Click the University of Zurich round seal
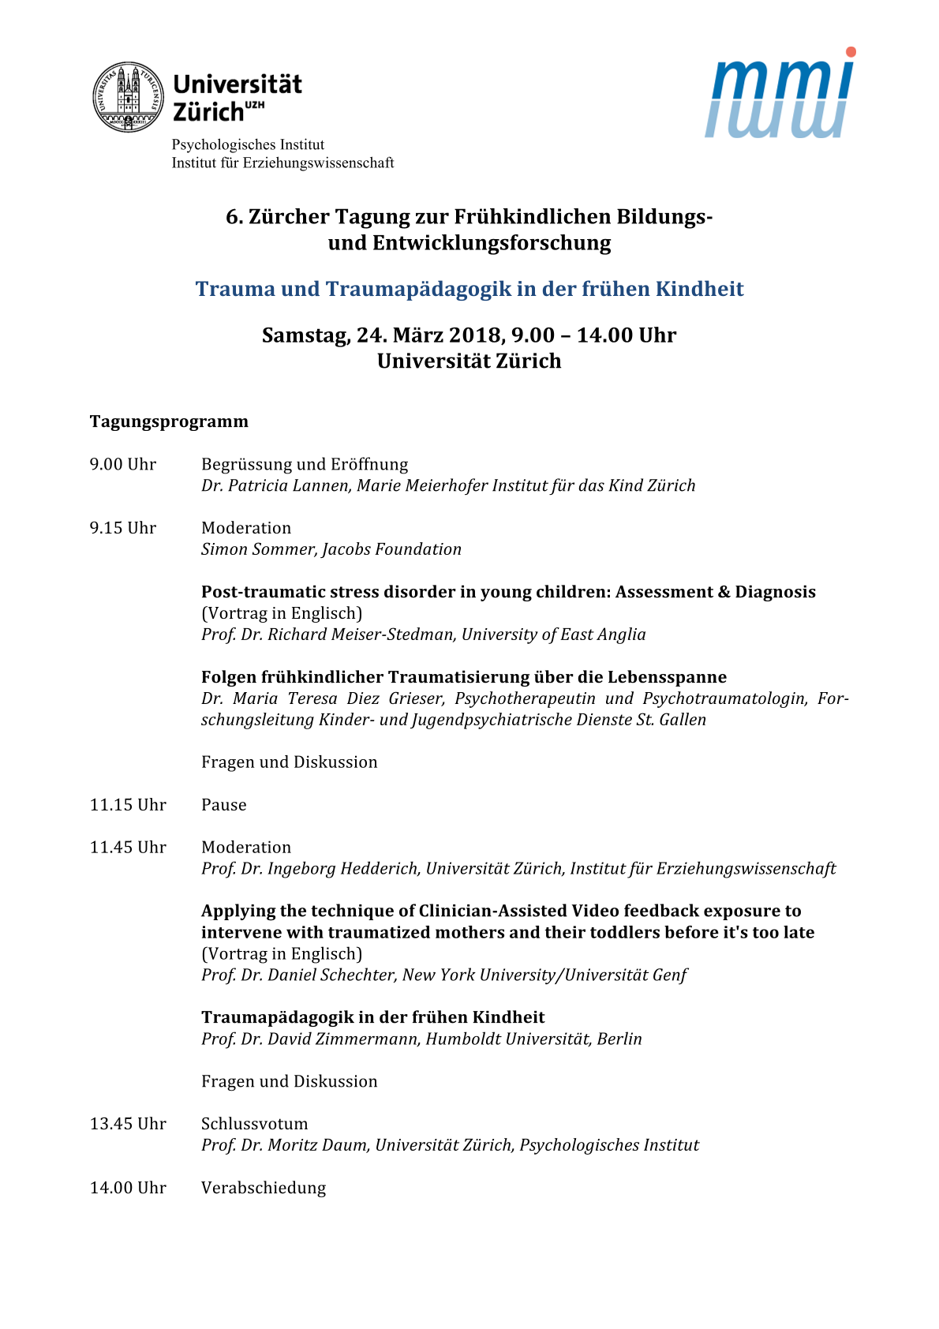[x=129, y=97]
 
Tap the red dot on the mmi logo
[x=850, y=52]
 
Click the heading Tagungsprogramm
[x=169, y=421]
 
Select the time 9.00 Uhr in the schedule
[x=123, y=464]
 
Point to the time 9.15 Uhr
[x=123, y=528]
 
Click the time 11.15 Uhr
[x=128, y=805]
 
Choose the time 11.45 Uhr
[x=128, y=848]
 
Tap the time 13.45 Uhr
[x=128, y=1124]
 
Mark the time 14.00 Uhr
[x=128, y=1188]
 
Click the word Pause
[x=224, y=805]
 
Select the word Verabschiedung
[x=264, y=1188]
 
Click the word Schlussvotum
[x=255, y=1124]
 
